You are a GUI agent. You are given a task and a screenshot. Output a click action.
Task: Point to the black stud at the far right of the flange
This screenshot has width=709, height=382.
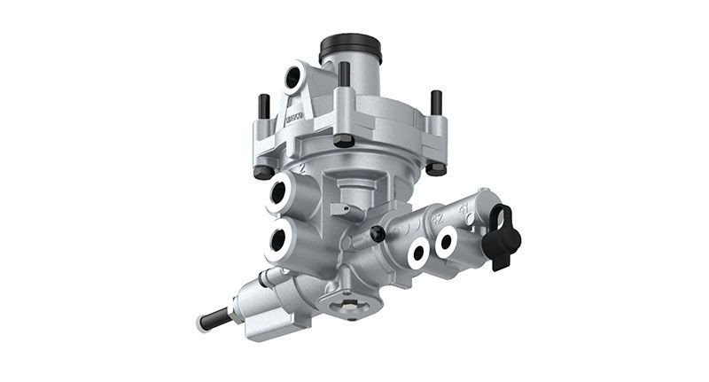pyautogui.click(x=435, y=105)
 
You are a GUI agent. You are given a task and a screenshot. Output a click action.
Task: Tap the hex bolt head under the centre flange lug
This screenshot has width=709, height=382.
pyautogui.click(x=342, y=140)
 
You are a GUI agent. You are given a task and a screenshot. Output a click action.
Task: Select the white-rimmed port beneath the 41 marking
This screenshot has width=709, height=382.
pyautogui.click(x=446, y=239)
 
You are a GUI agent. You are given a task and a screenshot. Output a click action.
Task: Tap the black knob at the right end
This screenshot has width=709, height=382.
pyautogui.click(x=503, y=234)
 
